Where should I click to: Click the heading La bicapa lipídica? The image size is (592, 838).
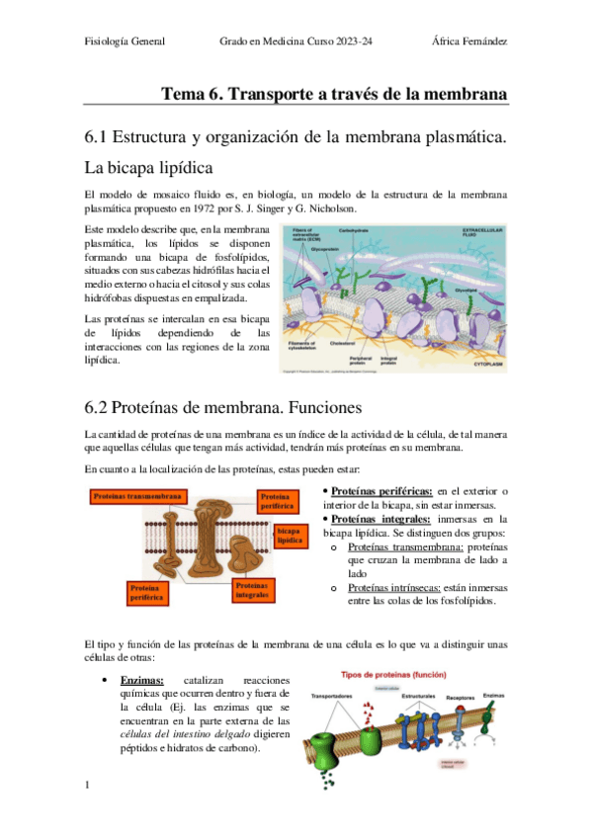click(x=147, y=167)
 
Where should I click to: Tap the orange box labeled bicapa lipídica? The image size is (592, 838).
click(x=289, y=537)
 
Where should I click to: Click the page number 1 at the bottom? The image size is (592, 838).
click(x=87, y=786)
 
